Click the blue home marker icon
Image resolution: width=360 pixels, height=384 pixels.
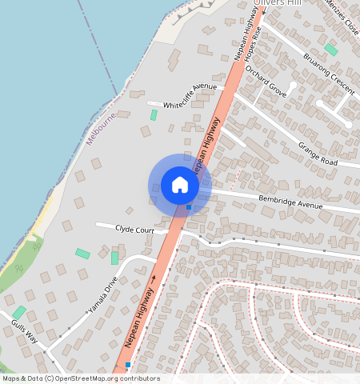click(x=180, y=185)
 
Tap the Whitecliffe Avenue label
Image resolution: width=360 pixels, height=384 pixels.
click(x=190, y=96)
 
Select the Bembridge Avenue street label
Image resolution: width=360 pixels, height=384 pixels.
click(x=290, y=202)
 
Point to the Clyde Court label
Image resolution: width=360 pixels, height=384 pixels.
click(x=134, y=230)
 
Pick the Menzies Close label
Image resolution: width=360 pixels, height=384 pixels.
click(x=342, y=17)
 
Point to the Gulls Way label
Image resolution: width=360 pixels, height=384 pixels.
click(x=25, y=331)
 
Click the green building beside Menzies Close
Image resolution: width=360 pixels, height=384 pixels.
click(x=330, y=49)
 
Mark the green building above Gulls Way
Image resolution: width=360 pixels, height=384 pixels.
click(x=19, y=311)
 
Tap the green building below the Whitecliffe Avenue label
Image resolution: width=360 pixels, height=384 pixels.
click(x=154, y=115)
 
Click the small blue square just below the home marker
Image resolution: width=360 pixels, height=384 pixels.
click(x=189, y=207)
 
